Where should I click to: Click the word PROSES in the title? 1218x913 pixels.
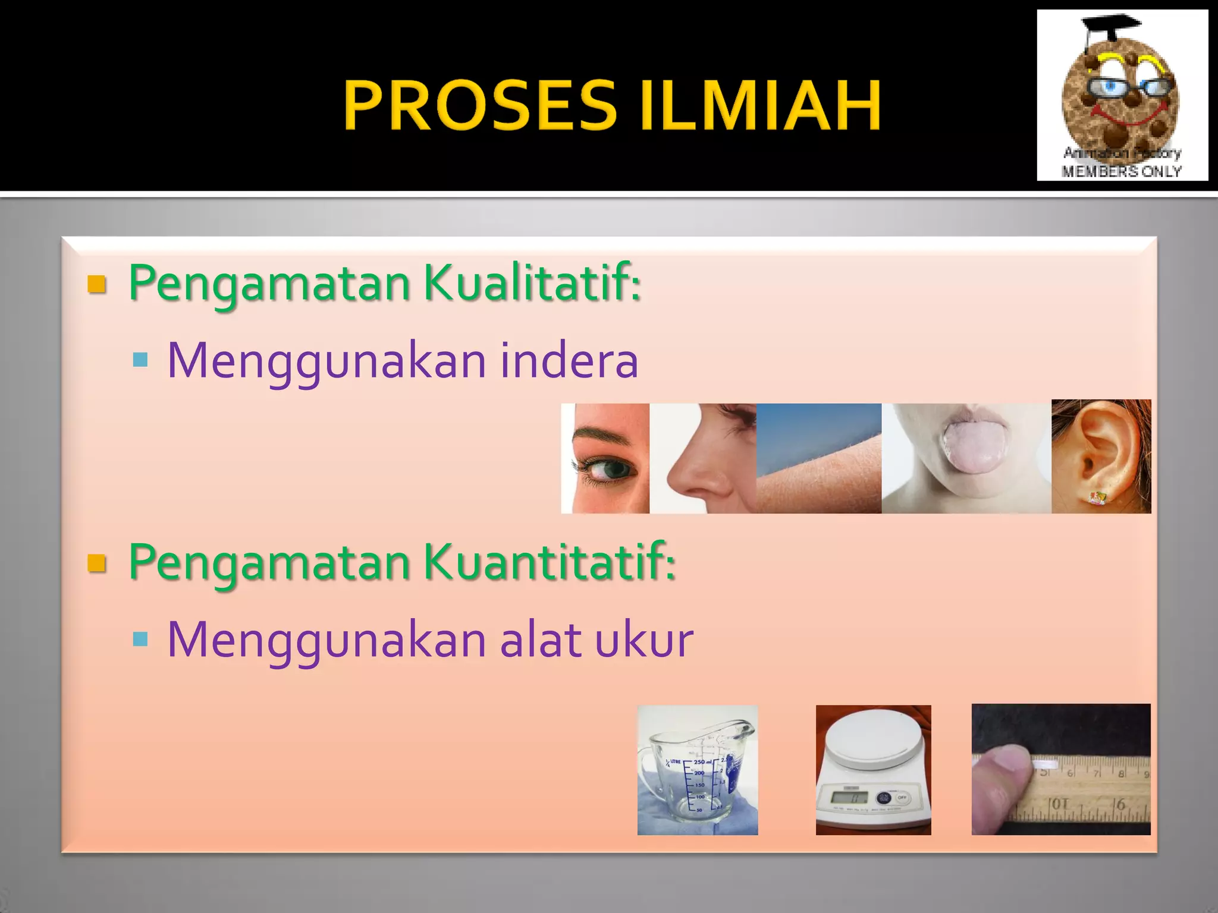click(x=479, y=105)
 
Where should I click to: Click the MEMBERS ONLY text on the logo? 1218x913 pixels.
click(x=1122, y=171)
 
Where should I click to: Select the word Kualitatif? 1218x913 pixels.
click(x=532, y=282)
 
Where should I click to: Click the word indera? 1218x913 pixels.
click(x=569, y=361)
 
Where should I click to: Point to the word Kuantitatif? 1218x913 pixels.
click(x=550, y=562)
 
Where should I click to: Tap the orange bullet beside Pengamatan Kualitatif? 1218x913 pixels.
click(x=96, y=284)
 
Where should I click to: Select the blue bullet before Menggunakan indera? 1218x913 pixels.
click(x=140, y=360)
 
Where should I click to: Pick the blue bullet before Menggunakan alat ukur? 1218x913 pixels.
click(x=140, y=639)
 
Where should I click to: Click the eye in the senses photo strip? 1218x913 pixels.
click(x=610, y=469)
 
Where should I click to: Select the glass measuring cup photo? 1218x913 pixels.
click(x=697, y=770)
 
